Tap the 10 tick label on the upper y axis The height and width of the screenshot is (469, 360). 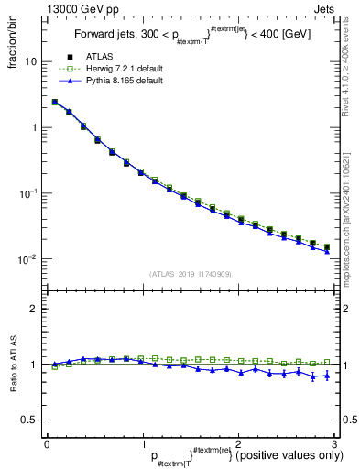coord(31,61)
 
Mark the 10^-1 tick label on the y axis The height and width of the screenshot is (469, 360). coord(28,192)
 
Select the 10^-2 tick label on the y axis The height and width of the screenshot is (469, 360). coord(28,259)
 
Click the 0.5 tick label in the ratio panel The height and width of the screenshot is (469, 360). coord(30,420)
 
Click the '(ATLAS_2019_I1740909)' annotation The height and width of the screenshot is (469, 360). coord(191,274)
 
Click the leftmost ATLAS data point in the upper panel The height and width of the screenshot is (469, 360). coord(55,103)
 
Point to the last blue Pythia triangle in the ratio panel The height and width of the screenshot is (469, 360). coord(326,376)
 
